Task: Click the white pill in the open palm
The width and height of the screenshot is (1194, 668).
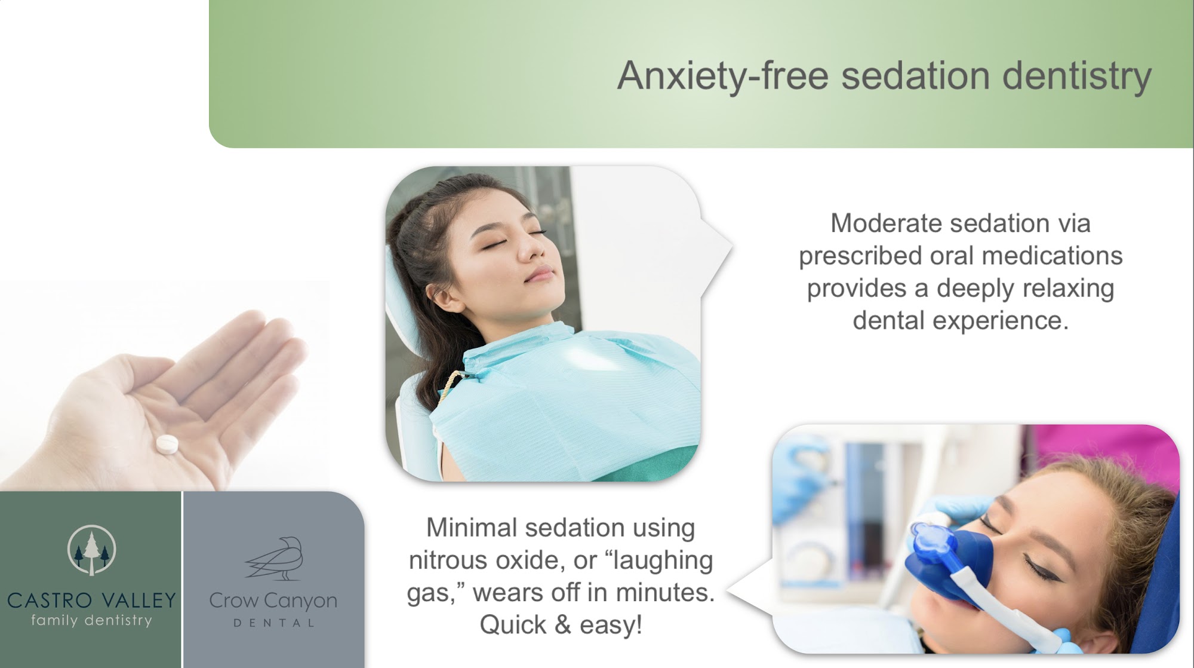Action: click(x=167, y=444)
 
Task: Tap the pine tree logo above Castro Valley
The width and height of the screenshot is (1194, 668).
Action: click(x=91, y=550)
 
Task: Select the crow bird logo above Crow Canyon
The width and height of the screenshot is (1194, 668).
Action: click(x=275, y=558)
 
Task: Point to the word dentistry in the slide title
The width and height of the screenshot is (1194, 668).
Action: click(x=1076, y=76)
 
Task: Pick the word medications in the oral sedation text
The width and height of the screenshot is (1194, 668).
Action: click(x=1053, y=256)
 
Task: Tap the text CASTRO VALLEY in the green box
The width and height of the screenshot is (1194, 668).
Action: click(x=91, y=600)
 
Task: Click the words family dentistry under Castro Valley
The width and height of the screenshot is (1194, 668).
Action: click(x=91, y=620)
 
